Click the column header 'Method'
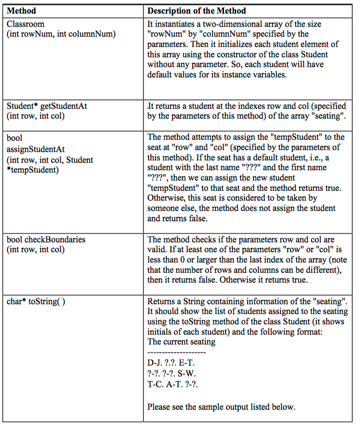click(x=21, y=11)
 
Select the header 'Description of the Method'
click(x=196, y=11)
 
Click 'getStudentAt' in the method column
click(x=61, y=106)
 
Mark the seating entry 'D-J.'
click(x=155, y=363)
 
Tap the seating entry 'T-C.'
click(x=156, y=383)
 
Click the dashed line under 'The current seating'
click(x=176, y=352)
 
